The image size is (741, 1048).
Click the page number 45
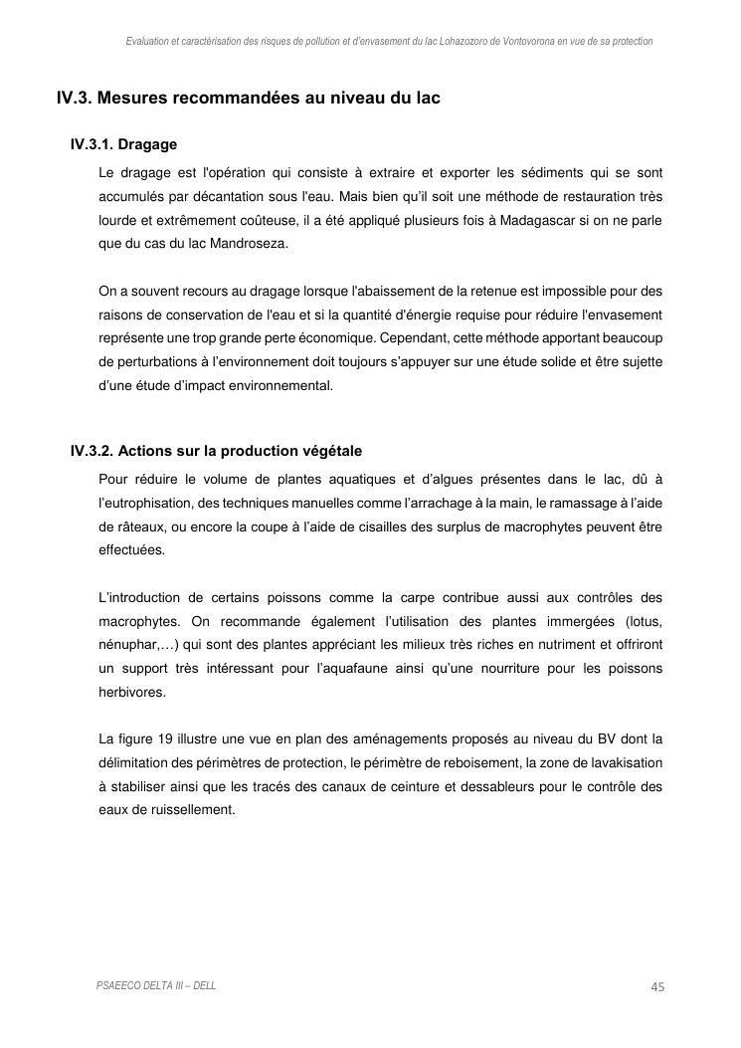(x=656, y=986)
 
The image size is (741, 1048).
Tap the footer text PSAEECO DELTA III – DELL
(x=156, y=985)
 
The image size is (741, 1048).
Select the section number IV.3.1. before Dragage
(x=93, y=145)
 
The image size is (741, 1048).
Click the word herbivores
(x=132, y=692)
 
